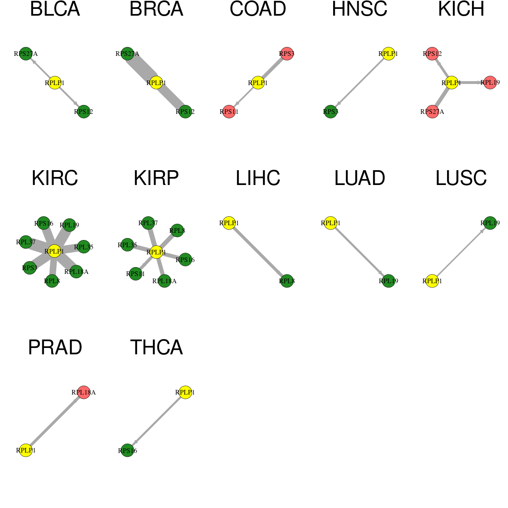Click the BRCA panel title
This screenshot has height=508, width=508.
(156, 9)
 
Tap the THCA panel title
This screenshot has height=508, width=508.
(156, 347)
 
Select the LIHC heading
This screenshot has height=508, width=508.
(258, 178)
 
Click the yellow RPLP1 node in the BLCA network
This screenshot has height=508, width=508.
(55, 83)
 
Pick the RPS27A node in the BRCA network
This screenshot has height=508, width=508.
(127, 54)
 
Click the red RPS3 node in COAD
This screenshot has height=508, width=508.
(287, 54)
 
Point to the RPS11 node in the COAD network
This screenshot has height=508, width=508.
(229, 112)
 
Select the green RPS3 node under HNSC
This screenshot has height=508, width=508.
(330, 112)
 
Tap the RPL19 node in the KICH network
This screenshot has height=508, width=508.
(490, 83)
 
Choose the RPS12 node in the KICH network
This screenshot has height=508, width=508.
(432, 54)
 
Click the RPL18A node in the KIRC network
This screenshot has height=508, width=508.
(76, 272)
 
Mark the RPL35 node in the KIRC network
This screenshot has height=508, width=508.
(83, 247)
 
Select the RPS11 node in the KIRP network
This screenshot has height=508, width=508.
(135, 274)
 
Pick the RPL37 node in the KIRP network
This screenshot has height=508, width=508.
(148, 223)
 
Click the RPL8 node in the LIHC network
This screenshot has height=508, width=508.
(287, 281)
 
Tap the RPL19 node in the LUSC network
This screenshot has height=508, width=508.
(490, 223)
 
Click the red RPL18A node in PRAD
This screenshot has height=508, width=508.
(83, 392)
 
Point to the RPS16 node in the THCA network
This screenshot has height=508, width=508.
(127, 450)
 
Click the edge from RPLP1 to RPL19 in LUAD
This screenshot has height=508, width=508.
(359, 252)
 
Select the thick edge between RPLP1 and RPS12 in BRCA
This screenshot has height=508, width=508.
(171, 97)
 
